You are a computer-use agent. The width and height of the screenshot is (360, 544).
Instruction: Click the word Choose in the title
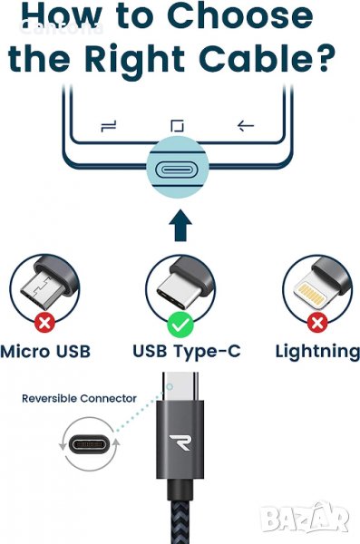point(240,16)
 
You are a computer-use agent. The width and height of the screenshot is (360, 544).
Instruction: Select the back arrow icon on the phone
point(246,125)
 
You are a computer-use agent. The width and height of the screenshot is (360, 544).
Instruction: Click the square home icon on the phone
point(178,126)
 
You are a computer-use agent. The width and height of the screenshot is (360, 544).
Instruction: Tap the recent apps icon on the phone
point(109,126)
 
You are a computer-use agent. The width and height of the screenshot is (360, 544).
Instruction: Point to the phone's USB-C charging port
point(178,170)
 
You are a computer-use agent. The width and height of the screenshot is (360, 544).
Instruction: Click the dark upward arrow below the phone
point(180,225)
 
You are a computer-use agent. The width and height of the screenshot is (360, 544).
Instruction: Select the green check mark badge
point(180,325)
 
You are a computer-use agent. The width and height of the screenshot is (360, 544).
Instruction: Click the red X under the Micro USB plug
point(44,323)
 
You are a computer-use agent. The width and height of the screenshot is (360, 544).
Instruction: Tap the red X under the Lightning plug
point(317,323)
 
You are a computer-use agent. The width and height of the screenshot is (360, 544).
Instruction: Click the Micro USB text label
point(45,351)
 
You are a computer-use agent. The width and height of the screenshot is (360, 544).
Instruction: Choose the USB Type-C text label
point(187,351)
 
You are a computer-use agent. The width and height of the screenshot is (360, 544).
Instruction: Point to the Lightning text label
point(317,352)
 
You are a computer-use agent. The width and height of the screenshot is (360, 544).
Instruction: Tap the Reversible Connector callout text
point(79,398)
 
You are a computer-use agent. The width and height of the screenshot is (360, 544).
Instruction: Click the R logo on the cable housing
point(180,442)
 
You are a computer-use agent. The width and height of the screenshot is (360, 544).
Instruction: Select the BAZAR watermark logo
point(305,517)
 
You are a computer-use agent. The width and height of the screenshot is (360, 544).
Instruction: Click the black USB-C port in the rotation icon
point(89,444)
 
